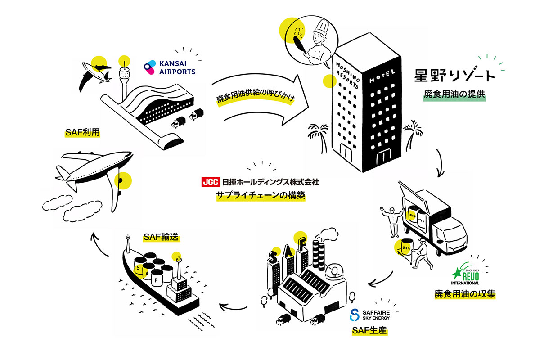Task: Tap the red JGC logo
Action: (210, 183)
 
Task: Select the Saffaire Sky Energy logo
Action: (369, 315)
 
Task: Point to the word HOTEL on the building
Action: (382, 76)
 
